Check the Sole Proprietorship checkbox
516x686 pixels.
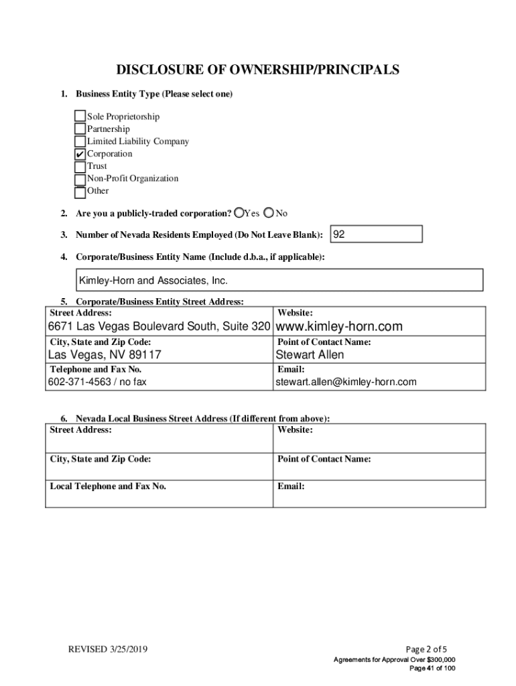pos(80,117)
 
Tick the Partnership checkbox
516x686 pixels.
pos(80,129)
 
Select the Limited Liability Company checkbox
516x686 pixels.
pos(80,141)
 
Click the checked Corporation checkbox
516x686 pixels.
pos(80,154)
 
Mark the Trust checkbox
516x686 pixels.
pos(80,166)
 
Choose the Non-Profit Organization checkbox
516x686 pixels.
pos(80,179)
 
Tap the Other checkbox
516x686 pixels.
pos(80,192)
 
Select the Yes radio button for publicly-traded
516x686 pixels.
pos(239,213)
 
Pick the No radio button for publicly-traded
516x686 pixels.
pos(269,213)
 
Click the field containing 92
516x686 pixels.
pos(377,234)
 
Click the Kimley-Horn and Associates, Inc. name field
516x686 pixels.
pos(278,280)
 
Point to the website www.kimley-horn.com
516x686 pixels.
pos(339,327)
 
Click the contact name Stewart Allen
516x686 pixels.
pos(310,355)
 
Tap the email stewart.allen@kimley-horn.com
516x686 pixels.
pos(346,382)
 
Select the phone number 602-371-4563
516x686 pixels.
pos(80,382)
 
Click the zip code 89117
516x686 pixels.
pos(143,355)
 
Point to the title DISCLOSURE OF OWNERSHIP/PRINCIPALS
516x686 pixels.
pos(257,70)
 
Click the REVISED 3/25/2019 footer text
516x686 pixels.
pos(108,649)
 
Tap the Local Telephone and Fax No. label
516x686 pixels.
pos(107,486)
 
